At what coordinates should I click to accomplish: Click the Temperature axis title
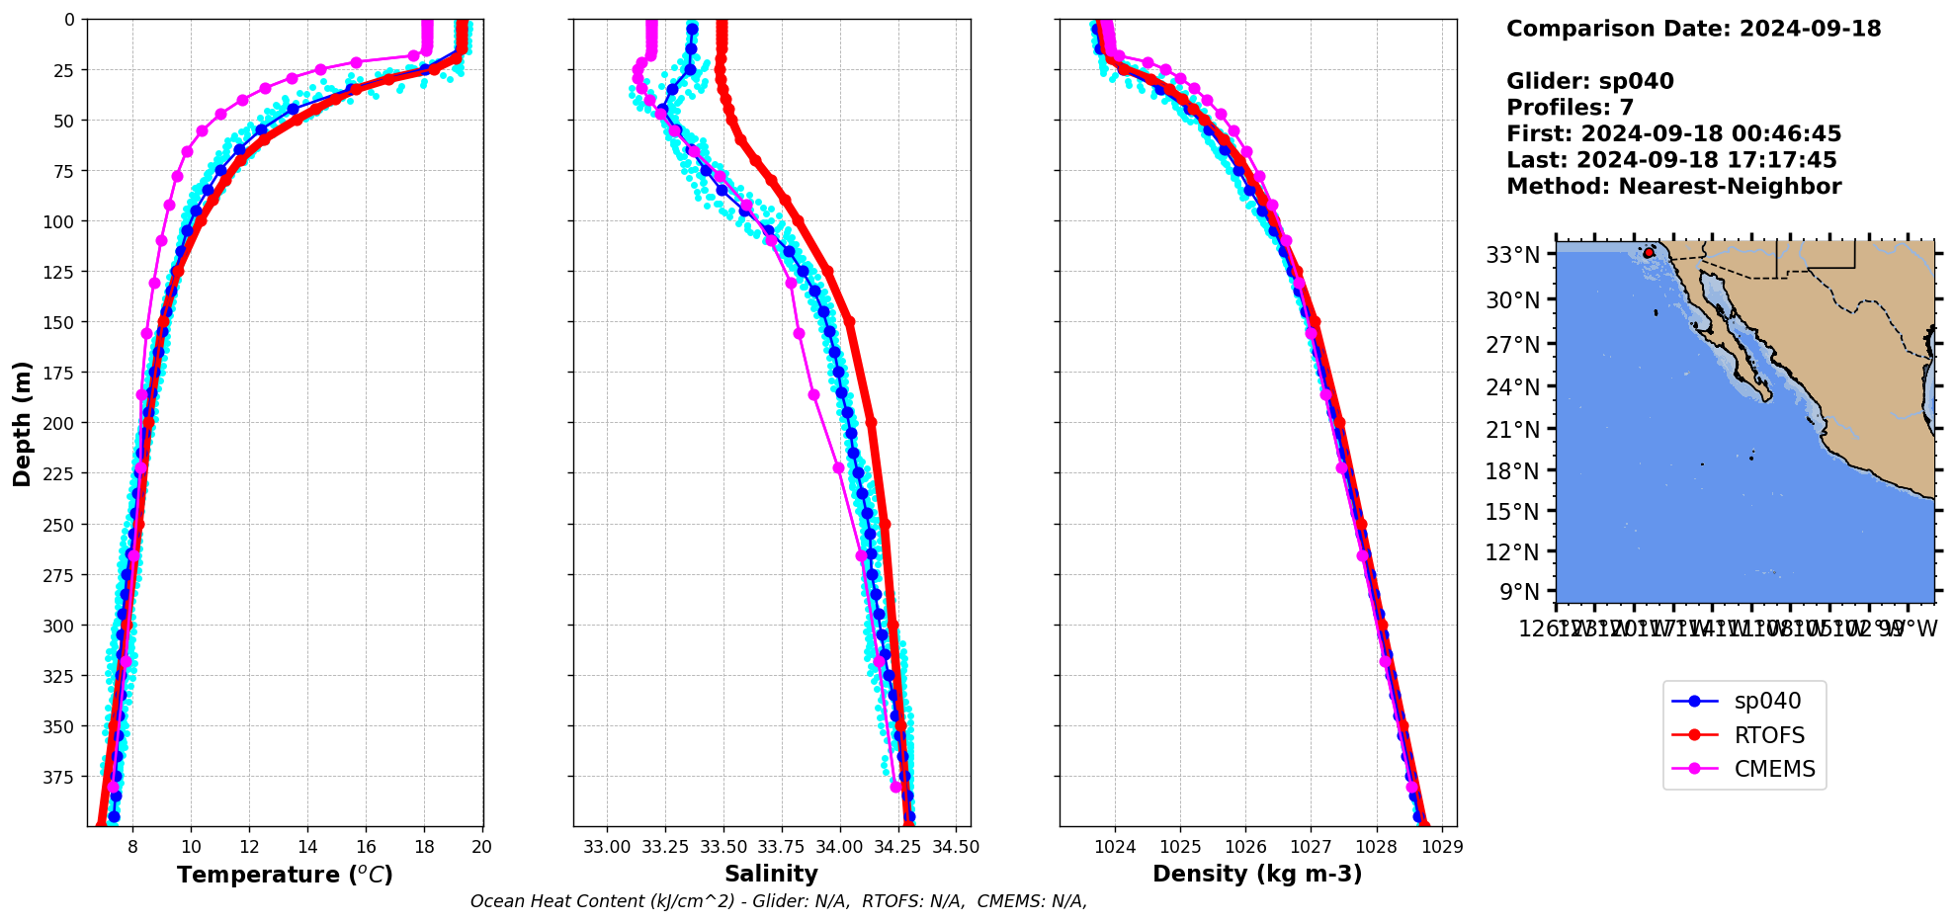coord(285,875)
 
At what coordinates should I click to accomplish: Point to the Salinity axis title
coord(771,874)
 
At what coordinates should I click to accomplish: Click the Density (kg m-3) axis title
coord(1257,874)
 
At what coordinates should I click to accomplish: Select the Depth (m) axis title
coord(22,423)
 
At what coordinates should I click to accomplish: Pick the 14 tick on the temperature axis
coord(307,847)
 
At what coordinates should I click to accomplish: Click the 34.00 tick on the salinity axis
coord(840,847)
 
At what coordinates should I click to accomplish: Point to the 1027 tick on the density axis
coord(1311,847)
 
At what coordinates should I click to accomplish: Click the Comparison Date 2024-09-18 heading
coord(1693,29)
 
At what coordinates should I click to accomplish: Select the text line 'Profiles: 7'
coord(1570,108)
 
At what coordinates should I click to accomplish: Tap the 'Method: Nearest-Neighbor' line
coord(1673,187)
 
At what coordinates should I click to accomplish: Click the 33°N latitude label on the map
coord(1513,255)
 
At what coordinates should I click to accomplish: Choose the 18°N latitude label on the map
coord(1513,471)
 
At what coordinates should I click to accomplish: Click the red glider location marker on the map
coord(1648,253)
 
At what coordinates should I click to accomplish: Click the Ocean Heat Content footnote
coord(779,901)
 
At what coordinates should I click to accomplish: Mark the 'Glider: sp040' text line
coord(1589,81)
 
